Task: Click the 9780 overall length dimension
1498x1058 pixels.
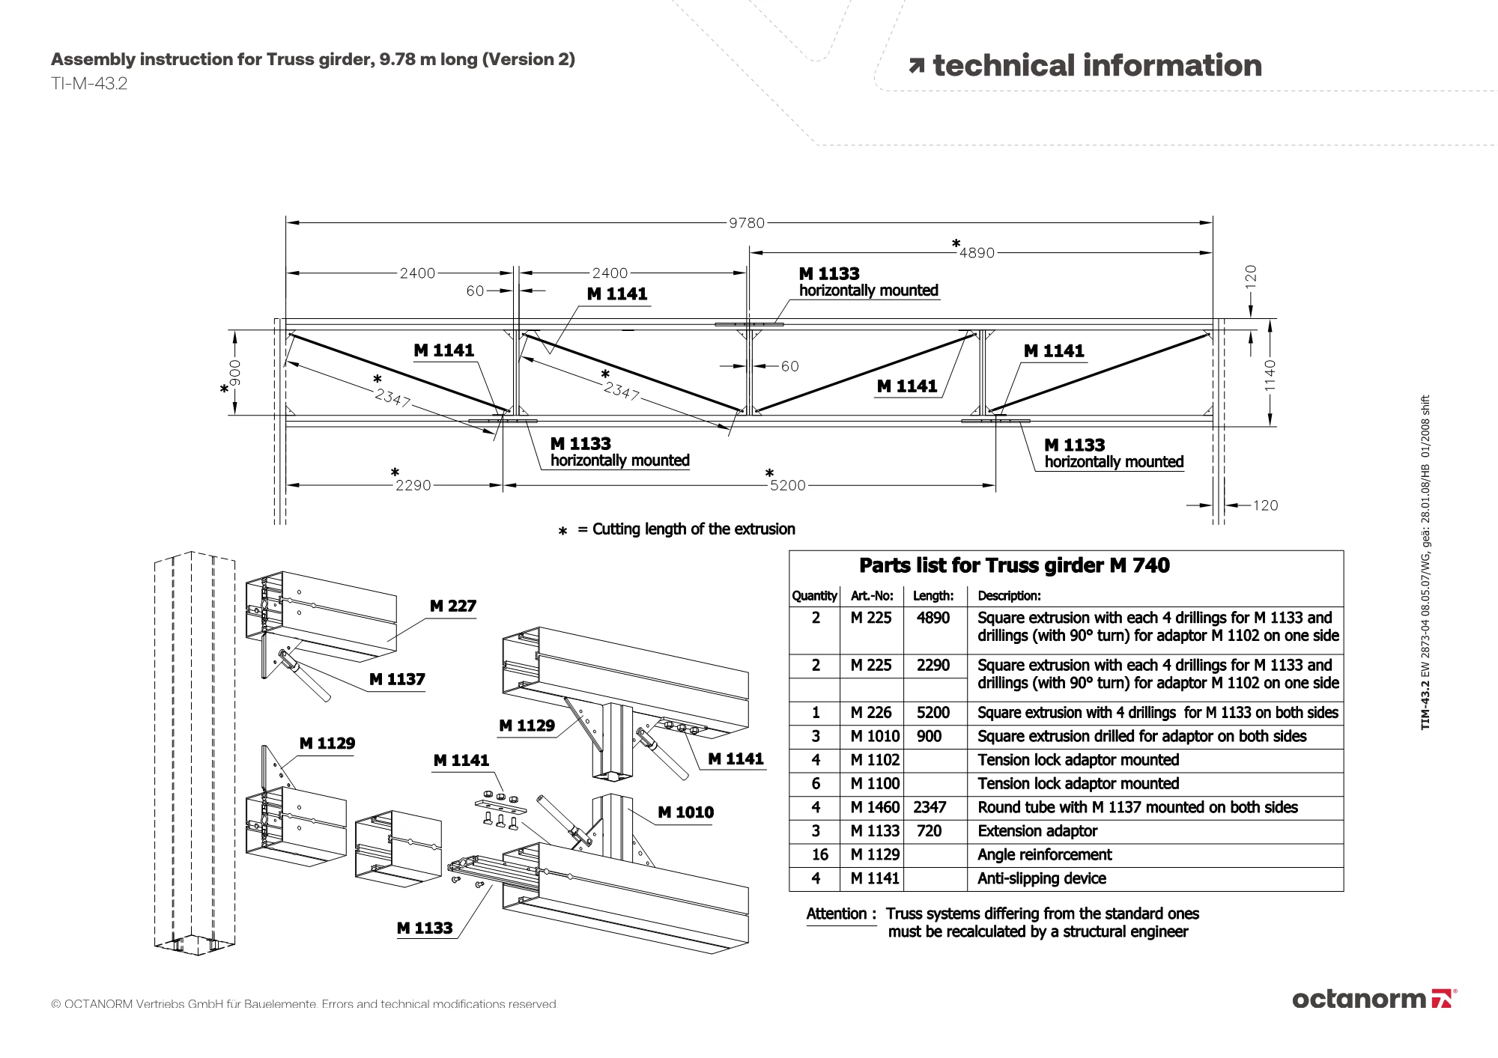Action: click(747, 223)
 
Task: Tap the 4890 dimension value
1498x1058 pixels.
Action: click(977, 253)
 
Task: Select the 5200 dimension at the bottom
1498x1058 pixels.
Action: click(788, 485)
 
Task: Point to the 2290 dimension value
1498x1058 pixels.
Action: click(413, 485)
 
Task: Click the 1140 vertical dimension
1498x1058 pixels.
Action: click(1270, 374)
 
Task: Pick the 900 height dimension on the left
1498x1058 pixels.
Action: click(235, 372)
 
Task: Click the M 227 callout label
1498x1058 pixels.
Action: click(453, 606)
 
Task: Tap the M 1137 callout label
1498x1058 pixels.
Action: click(397, 679)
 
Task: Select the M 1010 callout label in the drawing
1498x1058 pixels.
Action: click(685, 812)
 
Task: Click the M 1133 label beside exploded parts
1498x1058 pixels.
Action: click(425, 928)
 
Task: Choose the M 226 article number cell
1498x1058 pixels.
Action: click(871, 713)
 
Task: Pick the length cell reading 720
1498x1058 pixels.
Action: click(929, 831)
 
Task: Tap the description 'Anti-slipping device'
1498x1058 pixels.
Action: click(1041, 878)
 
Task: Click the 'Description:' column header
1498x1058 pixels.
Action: click(1009, 596)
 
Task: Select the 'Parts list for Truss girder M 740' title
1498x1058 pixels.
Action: click(1014, 565)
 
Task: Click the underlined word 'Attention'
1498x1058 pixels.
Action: click(836, 913)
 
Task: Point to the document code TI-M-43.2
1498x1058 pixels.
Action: click(89, 84)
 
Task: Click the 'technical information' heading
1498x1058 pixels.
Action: click(1097, 66)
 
